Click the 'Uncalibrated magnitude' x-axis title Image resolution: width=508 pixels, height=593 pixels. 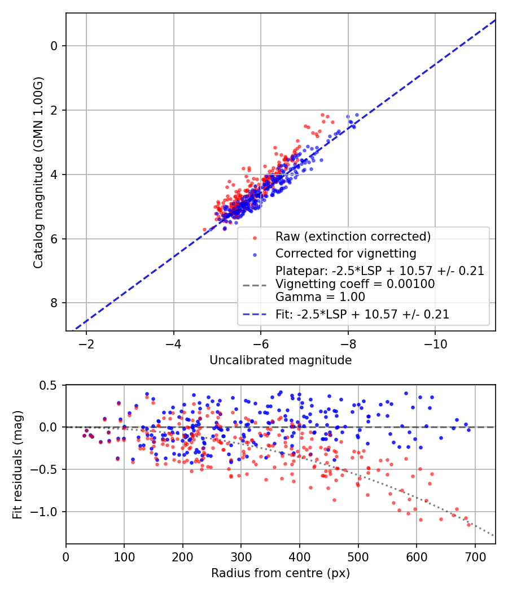pos(281,360)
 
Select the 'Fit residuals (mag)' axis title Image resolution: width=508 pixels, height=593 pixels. pos(17,464)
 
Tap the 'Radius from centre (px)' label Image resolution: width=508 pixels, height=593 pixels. pos(281,573)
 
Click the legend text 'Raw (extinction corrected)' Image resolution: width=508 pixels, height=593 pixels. pos(353,236)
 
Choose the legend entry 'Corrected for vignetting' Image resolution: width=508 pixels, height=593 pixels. pos(345,253)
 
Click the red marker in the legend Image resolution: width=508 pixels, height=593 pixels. pos(255,237)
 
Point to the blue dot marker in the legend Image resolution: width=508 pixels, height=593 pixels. pos(255,254)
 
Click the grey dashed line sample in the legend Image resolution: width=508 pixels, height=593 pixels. pos(255,285)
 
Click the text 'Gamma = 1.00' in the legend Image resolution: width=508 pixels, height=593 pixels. pos(320,297)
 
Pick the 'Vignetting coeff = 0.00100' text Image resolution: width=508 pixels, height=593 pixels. pos(355,284)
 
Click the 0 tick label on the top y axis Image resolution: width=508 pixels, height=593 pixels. pos(54,46)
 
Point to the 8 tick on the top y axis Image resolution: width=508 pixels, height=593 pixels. pos(54,303)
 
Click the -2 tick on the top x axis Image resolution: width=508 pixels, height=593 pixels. pos(86,344)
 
